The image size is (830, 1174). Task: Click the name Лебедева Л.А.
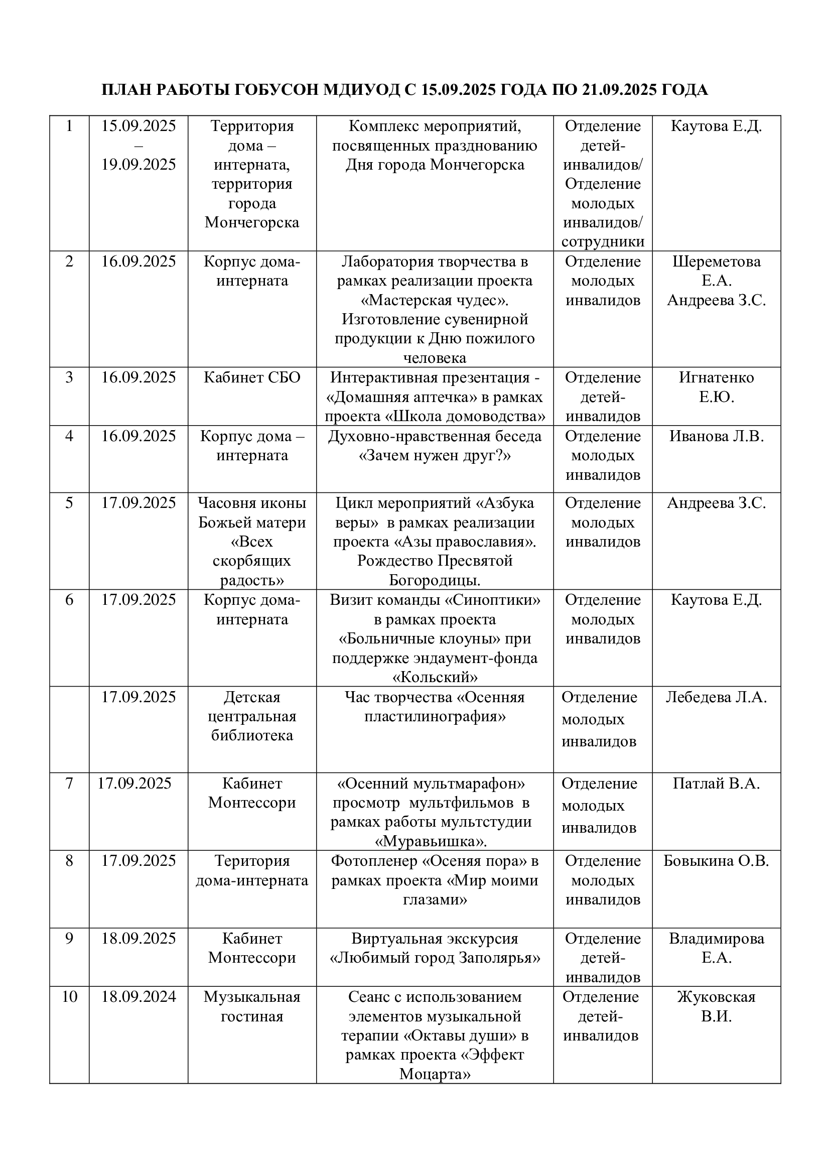716,698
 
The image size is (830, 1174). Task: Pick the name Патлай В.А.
716,784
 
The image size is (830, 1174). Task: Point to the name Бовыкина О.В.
716,861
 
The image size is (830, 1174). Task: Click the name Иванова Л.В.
716,436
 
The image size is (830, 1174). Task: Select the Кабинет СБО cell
252,378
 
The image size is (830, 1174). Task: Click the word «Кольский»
435,678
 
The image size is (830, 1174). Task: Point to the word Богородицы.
435,580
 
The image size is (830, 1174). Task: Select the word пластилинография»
435,717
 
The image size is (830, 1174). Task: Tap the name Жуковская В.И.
716,1006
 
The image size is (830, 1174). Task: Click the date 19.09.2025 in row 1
139,165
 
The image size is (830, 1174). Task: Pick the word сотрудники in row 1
603,242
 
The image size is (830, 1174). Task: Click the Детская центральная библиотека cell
252,716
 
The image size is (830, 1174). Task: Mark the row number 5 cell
70,503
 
